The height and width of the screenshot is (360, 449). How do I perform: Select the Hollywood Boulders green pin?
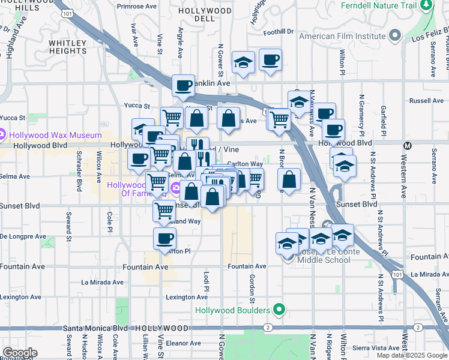click(278, 310)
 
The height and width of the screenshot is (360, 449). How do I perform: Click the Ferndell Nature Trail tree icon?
click(426, 5)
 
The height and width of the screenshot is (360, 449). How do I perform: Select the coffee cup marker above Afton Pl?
click(164, 238)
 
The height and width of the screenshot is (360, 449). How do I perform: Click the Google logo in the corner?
click(19, 353)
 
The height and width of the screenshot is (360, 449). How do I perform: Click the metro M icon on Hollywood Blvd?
click(408, 145)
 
